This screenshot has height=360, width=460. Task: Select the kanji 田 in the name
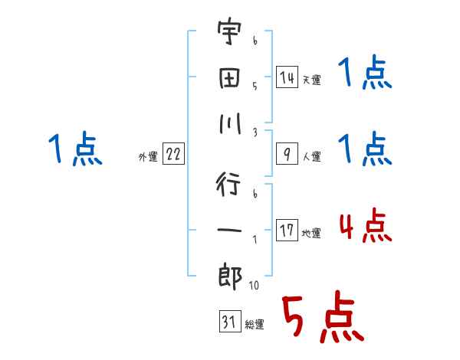tap(229, 80)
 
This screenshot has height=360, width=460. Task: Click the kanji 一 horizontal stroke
tap(229, 229)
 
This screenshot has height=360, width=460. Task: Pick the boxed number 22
tap(173, 155)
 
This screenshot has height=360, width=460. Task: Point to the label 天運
tap(311, 80)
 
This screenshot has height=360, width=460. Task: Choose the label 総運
tap(255, 325)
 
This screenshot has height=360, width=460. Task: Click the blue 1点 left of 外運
tap(75, 149)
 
